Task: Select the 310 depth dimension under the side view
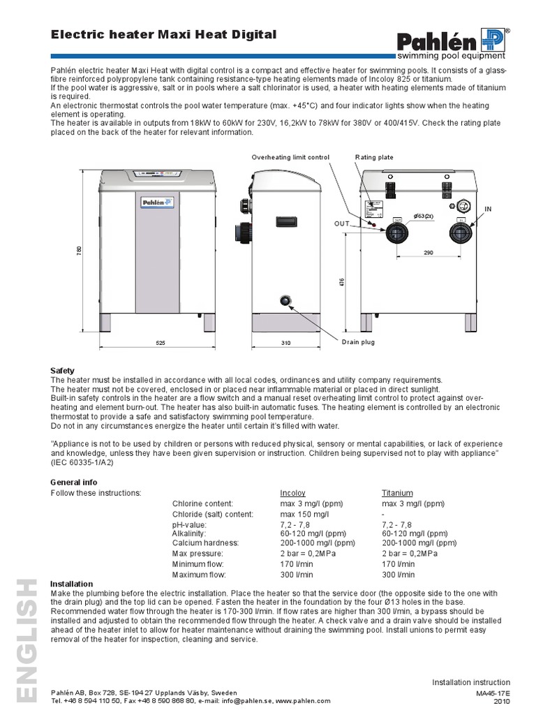[x=285, y=343]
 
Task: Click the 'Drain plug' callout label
[x=358, y=343]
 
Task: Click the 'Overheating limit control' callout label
[x=290, y=158]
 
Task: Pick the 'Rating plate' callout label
[x=375, y=158]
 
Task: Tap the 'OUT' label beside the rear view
[x=341, y=223]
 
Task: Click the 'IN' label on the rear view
[x=489, y=209]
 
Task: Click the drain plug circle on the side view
[x=285, y=301]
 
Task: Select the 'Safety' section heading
[x=63, y=370]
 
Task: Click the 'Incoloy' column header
[x=292, y=492]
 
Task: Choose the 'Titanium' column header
[x=397, y=492]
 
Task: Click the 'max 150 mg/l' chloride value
[x=304, y=513]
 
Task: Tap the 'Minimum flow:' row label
[x=199, y=564]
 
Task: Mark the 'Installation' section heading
[x=72, y=584]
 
